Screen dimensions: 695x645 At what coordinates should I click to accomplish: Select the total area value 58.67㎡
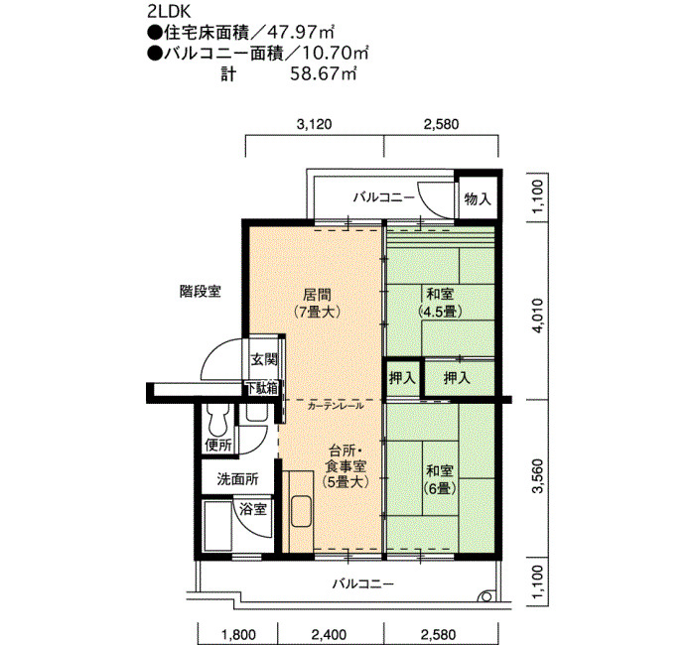tap(324, 73)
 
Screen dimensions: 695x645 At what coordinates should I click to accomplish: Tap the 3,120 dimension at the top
tap(315, 124)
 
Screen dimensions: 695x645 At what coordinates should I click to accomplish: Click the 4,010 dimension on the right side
tap(537, 316)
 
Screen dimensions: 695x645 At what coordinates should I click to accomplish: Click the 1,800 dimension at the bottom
tap(238, 634)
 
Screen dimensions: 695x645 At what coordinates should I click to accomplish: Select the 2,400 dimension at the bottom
tap(329, 634)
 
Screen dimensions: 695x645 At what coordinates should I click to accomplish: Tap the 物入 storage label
tap(478, 198)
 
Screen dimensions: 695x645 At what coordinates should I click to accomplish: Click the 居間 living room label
tap(317, 295)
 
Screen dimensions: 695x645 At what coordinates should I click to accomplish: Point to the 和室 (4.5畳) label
tap(440, 303)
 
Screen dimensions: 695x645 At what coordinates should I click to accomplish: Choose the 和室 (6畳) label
tap(440, 478)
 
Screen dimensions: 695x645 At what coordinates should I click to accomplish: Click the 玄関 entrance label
tap(265, 359)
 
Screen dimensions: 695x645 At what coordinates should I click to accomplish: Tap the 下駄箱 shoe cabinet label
tap(262, 388)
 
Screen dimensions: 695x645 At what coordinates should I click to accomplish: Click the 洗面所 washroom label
tap(237, 479)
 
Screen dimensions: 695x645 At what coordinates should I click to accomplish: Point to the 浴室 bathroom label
tap(253, 509)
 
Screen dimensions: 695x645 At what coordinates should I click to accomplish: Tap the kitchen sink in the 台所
tap(302, 512)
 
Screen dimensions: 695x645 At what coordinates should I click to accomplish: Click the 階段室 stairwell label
tap(201, 291)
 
